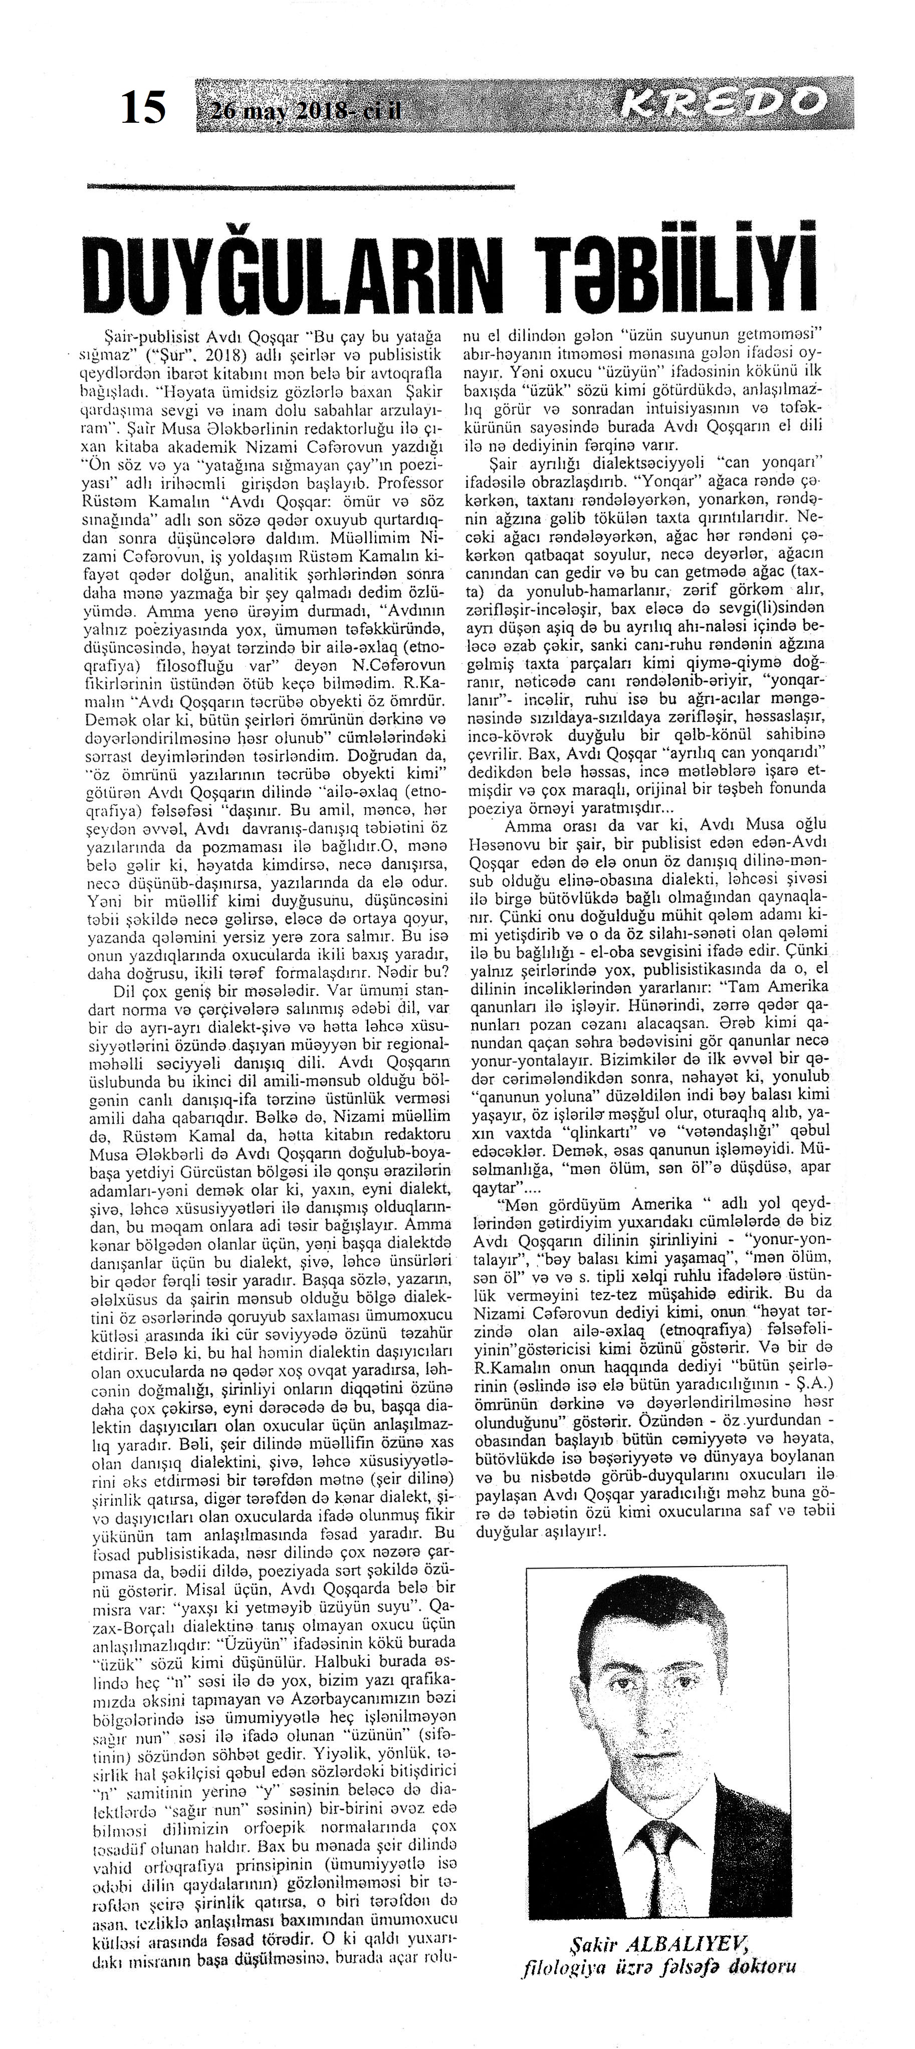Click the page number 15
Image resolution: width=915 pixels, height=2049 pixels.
coord(143,106)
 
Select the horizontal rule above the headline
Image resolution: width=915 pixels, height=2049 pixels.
coord(301,187)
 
